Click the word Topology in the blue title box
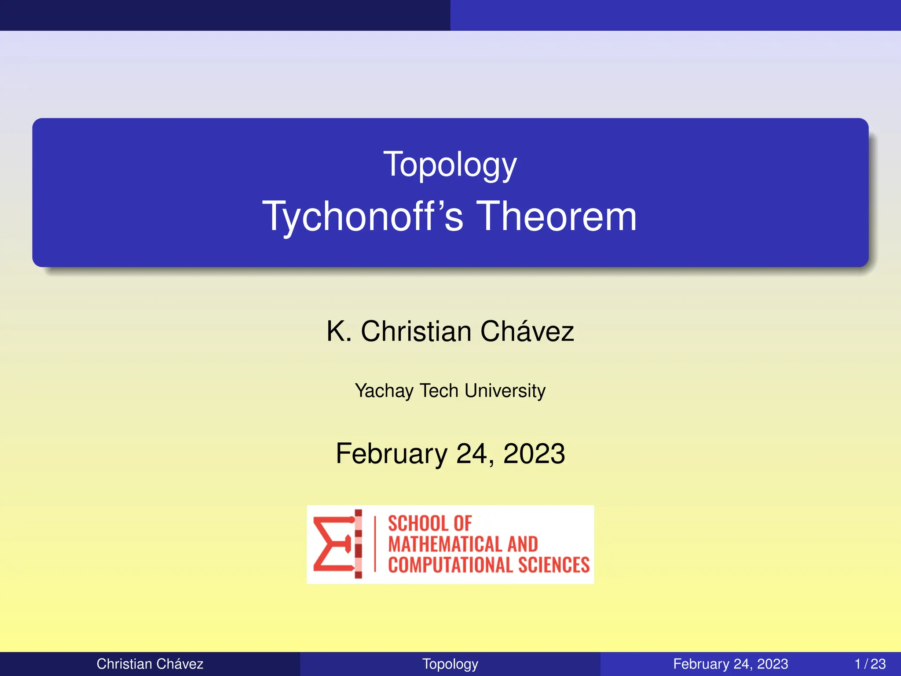pos(450,165)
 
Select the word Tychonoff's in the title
pos(363,217)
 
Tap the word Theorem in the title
pos(557,217)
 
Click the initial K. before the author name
pos(339,331)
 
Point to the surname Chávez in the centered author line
pos(527,331)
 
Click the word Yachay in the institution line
pos(384,391)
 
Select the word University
pos(505,391)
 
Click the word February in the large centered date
pos(391,454)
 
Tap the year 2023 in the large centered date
pos(534,454)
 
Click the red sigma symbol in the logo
pos(332,544)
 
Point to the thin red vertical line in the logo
pos(375,544)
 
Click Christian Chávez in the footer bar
pos(150,664)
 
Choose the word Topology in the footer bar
pos(450,664)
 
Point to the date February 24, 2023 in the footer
pos(730,664)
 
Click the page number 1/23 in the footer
pos(870,664)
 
